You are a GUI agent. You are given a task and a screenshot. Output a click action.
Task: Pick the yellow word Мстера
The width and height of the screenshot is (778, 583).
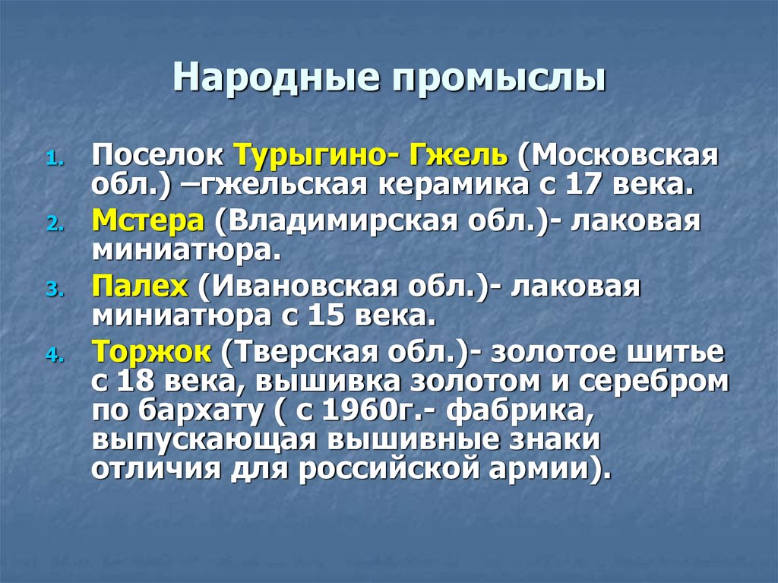(x=148, y=222)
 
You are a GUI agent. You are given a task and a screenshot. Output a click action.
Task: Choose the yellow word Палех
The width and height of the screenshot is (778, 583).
(x=141, y=287)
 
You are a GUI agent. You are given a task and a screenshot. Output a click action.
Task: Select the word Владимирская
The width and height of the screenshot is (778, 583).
(x=314, y=223)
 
